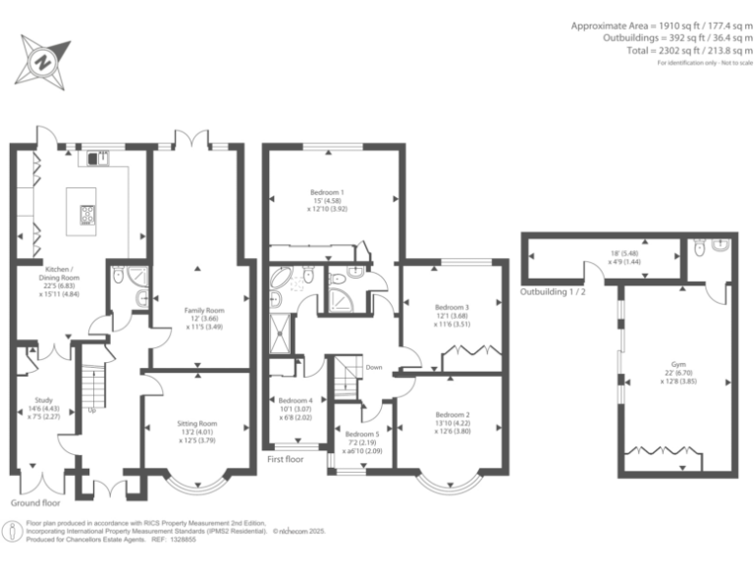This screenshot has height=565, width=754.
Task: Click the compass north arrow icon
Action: (43, 60)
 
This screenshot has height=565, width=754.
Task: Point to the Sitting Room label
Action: (196, 424)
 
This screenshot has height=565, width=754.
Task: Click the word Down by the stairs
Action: (373, 369)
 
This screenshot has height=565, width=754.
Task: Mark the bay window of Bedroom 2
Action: (452, 481)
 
